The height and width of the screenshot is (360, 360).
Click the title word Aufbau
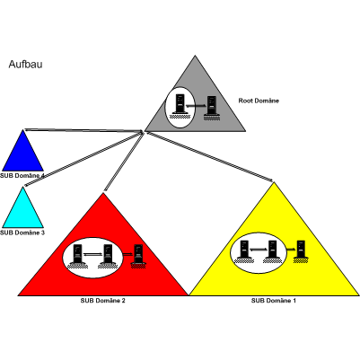pyautogui.click(x=25, y=64)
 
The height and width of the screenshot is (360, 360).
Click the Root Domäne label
pyautogui.click(x=259, y=101)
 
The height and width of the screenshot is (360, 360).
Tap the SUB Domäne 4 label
pyautogui.click(x=22, y=176)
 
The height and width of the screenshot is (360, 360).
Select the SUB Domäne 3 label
pyautogui.click(x=22, y=233)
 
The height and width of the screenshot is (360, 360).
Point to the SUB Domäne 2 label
pyautogui.click(x=102, y=301)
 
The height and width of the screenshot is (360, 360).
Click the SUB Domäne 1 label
pyautogui.click(x=274, y=301)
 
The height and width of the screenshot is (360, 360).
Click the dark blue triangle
pyautogui.click(x=22, y=150)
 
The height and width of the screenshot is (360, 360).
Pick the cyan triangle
pyautogui.click(x=22, y=207)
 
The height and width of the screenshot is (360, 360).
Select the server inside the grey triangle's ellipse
pyautogui.click(x=180, y=106)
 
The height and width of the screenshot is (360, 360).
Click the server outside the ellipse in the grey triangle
pyautogui.click(x=212, y=108)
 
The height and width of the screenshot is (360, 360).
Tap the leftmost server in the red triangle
pyautogui.click(x=77, y=256)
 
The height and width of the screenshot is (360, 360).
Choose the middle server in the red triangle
pyautogui.click(x=108, y=256)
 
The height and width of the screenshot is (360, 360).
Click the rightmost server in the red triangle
pyautogui.click(x=138, y=256)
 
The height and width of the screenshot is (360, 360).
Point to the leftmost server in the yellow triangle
pyautogui.click(x=244, y=251)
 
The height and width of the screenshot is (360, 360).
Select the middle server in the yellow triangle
pyautogui.click(x=272, y=251)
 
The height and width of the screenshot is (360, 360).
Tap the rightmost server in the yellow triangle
pyautogui.click(x=301, y=251)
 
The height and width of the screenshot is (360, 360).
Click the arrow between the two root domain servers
pyautogui.click(x=196, y=106)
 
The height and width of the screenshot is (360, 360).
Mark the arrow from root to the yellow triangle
pyautogui.click(x=209, y=156)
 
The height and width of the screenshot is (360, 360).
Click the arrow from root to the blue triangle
pyautogui.click(x=84, y=130)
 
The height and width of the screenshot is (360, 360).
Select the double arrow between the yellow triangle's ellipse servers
pyautogui.click(x=259, y=250)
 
